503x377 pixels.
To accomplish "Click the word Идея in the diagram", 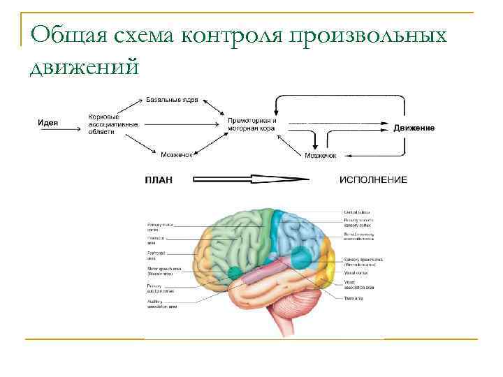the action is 48,123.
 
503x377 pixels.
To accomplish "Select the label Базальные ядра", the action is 172,100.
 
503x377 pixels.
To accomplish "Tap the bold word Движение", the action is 414,128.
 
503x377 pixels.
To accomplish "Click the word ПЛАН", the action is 159,179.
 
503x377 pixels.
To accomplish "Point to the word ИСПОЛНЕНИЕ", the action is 373,179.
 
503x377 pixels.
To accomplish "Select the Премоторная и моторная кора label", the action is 252,124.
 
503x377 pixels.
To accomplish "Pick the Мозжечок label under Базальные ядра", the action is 177,154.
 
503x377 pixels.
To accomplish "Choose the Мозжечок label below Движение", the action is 321,155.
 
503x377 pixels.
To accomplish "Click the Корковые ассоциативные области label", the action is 112,124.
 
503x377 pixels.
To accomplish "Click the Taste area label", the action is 353,298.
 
